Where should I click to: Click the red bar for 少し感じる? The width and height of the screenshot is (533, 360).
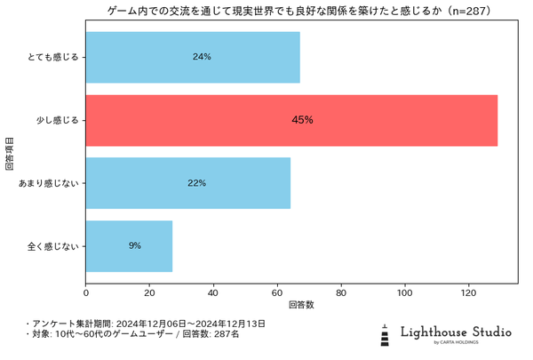coord(291,120)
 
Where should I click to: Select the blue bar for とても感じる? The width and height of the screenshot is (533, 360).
coord(193,57)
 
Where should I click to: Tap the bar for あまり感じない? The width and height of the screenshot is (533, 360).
coord(187,183)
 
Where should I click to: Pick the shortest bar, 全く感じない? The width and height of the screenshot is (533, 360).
coord(129,245)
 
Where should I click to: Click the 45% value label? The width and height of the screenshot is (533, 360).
coord(302,120)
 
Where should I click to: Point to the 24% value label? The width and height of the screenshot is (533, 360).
coord(202,57)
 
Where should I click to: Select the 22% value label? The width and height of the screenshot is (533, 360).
coord(196,183)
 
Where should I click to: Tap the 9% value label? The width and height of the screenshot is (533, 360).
coord(134,245)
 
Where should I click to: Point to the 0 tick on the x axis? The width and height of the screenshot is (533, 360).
coord(86,291)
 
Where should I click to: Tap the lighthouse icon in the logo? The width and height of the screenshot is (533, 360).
coord(385,334)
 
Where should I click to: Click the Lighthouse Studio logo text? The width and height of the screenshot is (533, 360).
coord(456,332)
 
